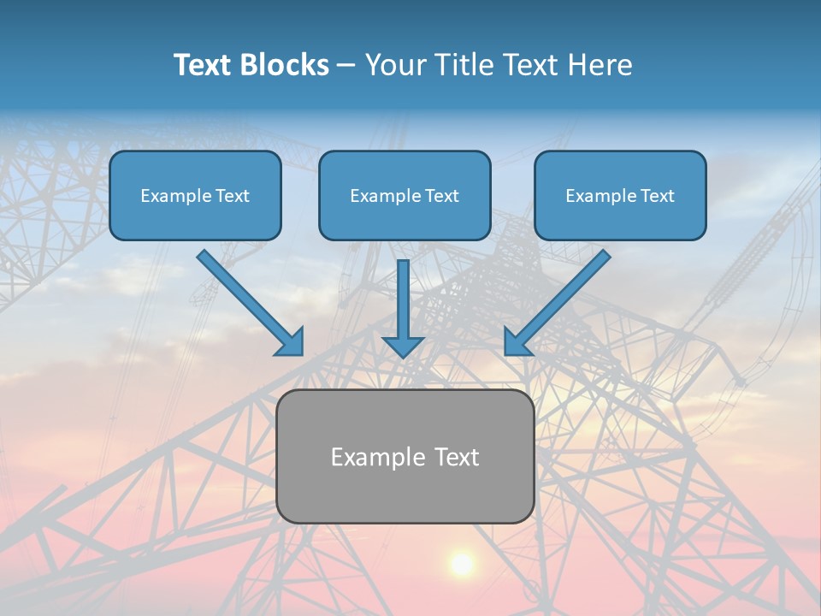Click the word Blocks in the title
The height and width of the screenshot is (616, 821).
pos(285,65)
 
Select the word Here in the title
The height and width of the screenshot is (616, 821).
pos(600,65)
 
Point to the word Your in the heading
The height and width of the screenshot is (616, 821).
pos(396,65)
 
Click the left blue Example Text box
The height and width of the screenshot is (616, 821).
pos(195,196)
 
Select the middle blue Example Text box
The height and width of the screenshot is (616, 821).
pos(405,196)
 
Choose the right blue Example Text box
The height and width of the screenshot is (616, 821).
pos(620,196)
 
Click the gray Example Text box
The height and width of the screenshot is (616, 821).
pos(405,456)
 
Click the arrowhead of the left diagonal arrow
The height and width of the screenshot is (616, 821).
pos(291,342)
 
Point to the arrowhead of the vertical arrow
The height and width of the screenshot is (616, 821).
pos(403,346)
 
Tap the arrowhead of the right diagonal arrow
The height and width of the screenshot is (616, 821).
pos(517,342)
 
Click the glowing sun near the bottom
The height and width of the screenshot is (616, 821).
pos(462,563)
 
